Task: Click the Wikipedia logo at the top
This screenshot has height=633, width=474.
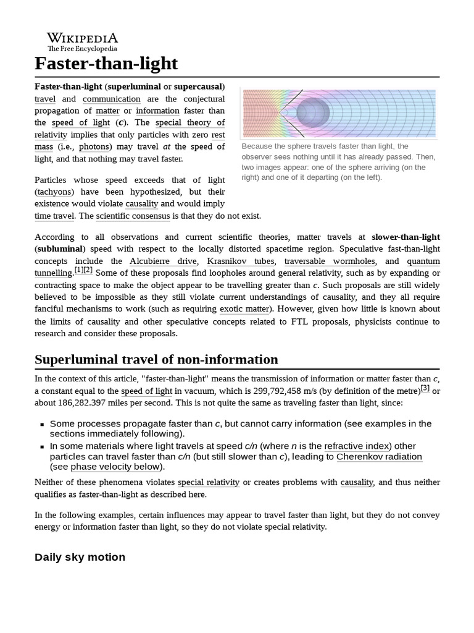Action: click(83, 41)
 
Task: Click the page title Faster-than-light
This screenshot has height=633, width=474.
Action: click(106, 63)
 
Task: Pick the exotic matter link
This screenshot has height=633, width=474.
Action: click(244, 308)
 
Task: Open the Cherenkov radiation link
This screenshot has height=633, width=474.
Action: click(379, 457)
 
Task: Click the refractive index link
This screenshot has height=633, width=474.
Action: click(357, 446)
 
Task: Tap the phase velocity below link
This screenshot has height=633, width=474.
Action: click(115, 467)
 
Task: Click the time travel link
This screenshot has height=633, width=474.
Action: click(54, 216)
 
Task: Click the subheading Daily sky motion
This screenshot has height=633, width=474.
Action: click(80, 557)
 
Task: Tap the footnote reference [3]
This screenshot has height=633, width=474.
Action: click(425, 388)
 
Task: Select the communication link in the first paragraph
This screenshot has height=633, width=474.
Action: click(112, 99)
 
